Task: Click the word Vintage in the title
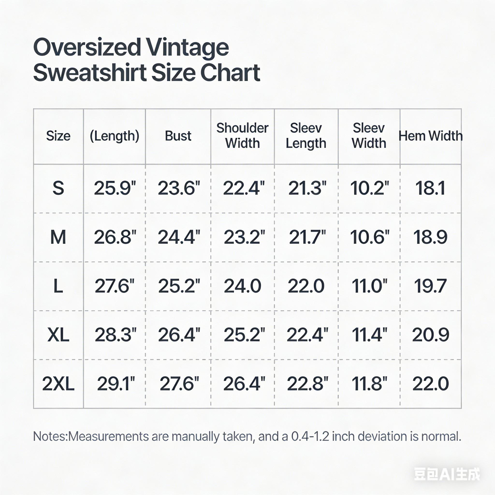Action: pos(187,48)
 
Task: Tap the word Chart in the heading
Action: pos(230,73)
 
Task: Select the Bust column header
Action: pos(178,136)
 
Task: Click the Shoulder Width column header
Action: pos(242,136)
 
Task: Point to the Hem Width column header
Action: pos(430,136)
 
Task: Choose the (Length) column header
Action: pos(115,136)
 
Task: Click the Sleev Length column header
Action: pos(306,136)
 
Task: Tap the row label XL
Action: pos(58,335)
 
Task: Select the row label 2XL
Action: pos(58,384)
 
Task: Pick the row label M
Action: pos(58,237)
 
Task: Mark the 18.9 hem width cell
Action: pos(430,237)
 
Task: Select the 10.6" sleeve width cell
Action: pos(370,237)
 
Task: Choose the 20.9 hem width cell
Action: pos(430,335)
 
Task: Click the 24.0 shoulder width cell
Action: pos(242,286)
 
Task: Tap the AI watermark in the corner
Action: pos(447,474)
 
